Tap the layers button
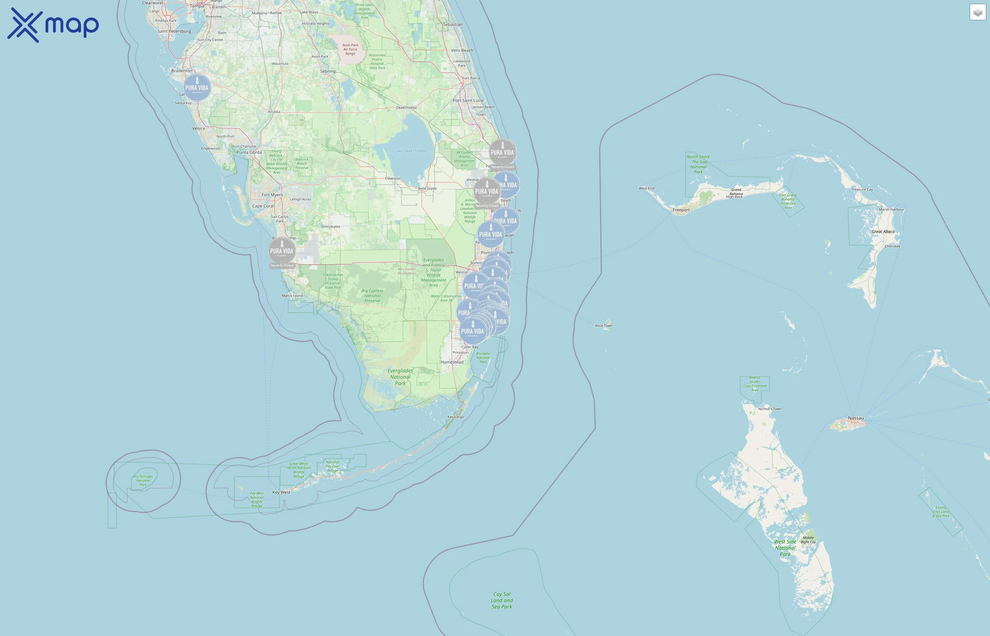pos(978,12)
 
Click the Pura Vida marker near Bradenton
pos(197,88)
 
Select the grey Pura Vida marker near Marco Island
pos(282,250)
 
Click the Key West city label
pos(281,492)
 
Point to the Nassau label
pos(856,418)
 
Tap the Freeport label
pos(681,210)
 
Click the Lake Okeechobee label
pos(409,151)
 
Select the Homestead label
pos(452,362)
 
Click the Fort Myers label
pos(272,195)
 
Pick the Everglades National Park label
pos(400,377)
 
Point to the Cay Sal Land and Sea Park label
pos(502,600)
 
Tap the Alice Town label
pos(603,325)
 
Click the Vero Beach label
pos(462,51)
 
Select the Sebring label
pos(328,71)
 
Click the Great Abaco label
pos(883,232)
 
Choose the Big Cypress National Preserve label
pos(372,296)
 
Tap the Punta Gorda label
pos(249,152)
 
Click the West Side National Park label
pos(785,548)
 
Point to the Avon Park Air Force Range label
pos(350,49)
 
